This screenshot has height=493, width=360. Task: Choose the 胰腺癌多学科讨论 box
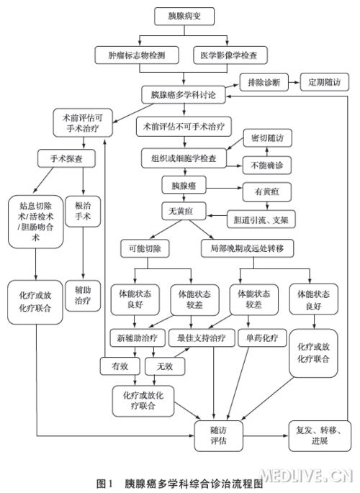tap(182, 94)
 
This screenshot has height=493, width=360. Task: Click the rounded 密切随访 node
tap(268, 137)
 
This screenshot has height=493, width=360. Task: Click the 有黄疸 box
tap(267, 192)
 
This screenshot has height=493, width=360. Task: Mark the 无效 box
tap(159, 366)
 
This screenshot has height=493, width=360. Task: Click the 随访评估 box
tap(217, 435)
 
